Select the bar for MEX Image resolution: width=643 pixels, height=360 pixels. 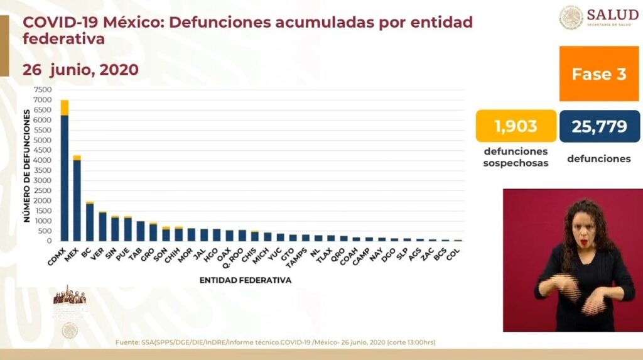pyautogui.click(x=77, y=200)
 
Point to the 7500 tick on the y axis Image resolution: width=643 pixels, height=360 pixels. pyautogui.click(x=43, y=90)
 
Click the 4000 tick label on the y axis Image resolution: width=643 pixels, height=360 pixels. pyautogui.click(x=43, y=160)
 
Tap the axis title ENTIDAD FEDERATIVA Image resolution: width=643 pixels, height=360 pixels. pyautogui.click(x=246, y=280)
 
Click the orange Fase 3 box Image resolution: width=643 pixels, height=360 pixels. pyautogui.click(x=598, y=74)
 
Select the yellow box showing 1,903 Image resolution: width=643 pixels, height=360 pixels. pyautogui.click(x=516, y=126)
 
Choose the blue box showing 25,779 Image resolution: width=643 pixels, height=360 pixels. pyautogui.click(x=599, y=126)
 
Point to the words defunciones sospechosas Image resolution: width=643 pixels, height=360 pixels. pyautogui.click(x=516, y=157)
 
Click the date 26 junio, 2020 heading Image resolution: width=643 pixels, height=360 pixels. pyautogui.click(x=80, y=69)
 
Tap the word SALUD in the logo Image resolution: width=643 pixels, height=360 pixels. pyautogui.click(x=612, y=14)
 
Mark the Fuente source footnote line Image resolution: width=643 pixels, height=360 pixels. pyautogui.click(x=276, y=342)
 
